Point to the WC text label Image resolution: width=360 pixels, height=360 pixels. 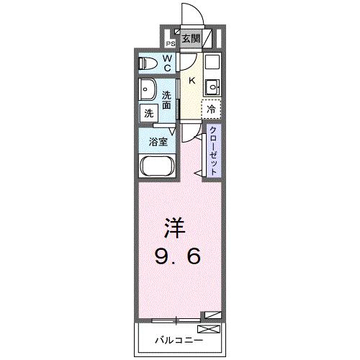166,63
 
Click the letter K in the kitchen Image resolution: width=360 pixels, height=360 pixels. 191,81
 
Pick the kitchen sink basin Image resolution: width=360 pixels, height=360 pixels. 212,89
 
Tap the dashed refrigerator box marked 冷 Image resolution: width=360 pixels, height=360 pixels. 211,109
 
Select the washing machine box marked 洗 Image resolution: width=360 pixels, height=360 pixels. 148,112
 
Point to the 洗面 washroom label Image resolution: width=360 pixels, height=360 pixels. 166,99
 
